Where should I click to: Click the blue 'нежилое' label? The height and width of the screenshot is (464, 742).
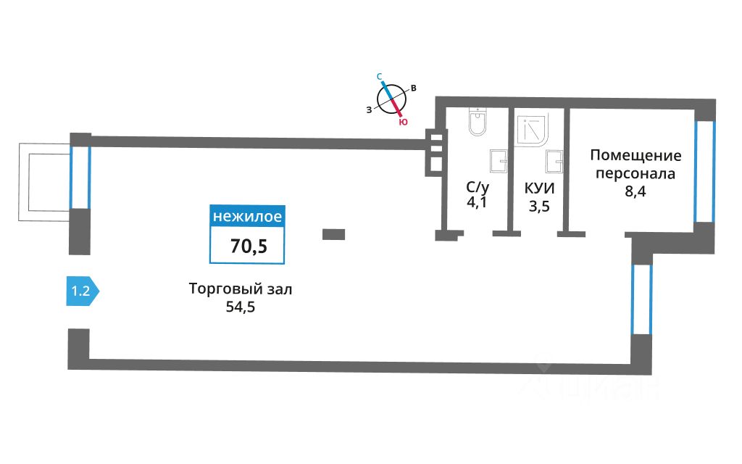246,216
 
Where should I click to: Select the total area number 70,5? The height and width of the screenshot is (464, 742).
249,246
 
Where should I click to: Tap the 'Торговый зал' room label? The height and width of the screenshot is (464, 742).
241,289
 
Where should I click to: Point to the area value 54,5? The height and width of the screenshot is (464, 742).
241,307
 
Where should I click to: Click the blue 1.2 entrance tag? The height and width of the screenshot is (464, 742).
81,292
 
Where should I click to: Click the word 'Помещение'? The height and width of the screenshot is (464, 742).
635,155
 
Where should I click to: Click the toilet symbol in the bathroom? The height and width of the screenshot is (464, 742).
478,123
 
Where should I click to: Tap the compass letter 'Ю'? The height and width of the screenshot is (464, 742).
404,123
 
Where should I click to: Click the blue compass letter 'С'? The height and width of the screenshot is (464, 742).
379,75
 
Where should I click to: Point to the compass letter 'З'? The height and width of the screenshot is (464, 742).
369,109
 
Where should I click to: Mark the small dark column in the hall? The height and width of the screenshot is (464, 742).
333,233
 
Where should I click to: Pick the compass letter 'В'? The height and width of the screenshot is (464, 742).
413,88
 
